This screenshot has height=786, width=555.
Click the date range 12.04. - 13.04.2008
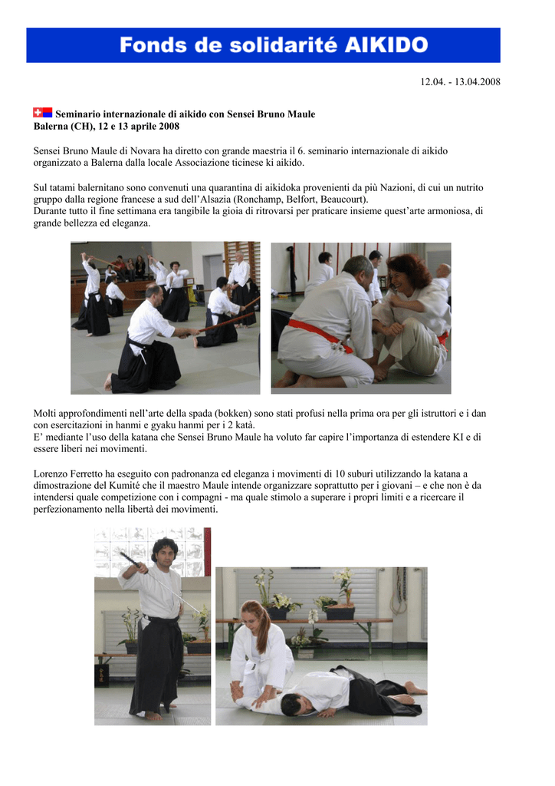click(460, 81)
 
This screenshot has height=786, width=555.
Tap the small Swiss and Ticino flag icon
click(42, 112)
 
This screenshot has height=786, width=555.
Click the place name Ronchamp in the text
click(260, 200)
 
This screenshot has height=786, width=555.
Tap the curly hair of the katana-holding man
click(165, 546)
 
